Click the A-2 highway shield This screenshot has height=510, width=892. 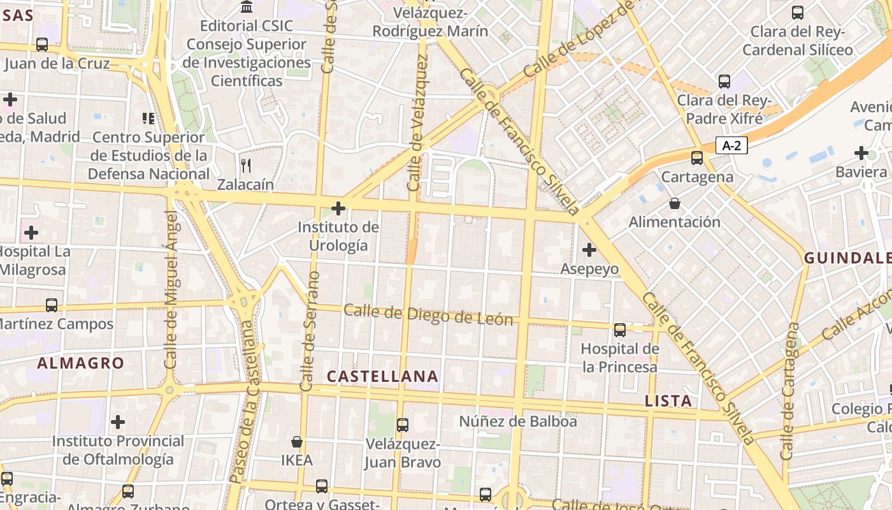click(731, 145)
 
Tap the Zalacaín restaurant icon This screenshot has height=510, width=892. click(246, 166)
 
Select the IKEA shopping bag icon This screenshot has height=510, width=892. click(297, 441)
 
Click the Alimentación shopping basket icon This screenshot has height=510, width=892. click(674, 203)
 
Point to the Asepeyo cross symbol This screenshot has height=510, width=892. click(589, 249)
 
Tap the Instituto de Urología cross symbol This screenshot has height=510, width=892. click(338, 208)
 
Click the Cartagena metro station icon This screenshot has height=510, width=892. click(697, 157)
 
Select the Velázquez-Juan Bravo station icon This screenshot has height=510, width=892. click(402, 425)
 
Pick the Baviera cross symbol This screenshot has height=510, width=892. click(861, 153)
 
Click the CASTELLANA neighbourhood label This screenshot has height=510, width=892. click(382, 377)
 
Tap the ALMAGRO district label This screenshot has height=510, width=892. click(81, 363)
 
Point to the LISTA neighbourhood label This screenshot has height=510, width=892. click(668, 401)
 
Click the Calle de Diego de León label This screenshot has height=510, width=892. click(428, 314)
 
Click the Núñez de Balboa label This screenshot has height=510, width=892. click(518, 421)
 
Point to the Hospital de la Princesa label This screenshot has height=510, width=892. click(619, 358)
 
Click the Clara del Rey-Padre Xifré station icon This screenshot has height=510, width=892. click(724, 82)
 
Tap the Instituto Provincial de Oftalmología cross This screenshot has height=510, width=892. click(118, 422)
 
